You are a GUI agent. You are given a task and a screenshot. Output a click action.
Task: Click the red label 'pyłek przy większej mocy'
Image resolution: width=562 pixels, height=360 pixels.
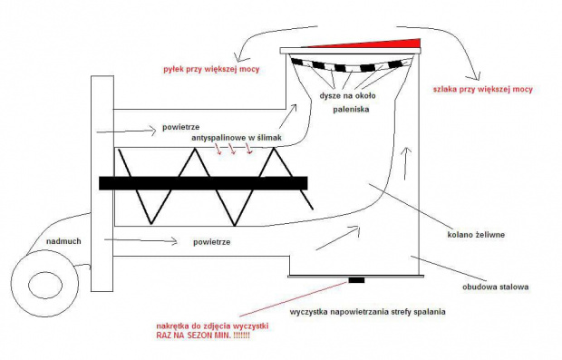[x=211, y=69]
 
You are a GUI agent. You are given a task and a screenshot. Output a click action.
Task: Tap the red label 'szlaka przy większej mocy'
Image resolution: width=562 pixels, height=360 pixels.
[x=483, y=89]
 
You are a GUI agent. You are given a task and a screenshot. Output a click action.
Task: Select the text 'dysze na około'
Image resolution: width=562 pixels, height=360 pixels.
[x=348, y=96]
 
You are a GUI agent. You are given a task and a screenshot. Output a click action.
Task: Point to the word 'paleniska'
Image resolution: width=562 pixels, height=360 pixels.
[x=351, y=110]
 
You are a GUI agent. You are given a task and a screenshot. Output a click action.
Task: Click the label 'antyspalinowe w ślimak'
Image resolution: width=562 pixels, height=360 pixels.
[x=237, y=138]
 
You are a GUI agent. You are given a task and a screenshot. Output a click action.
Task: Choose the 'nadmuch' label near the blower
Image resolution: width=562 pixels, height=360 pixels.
[x=63, y=241]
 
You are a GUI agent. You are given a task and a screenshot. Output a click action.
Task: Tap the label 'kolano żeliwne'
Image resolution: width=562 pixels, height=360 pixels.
[x=476, y=235]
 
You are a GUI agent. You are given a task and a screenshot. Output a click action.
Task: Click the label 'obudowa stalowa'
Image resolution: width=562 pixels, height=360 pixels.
[x=495, y=287]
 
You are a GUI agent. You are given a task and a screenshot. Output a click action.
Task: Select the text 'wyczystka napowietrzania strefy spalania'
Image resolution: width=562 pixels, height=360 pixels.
[x=368, y=312]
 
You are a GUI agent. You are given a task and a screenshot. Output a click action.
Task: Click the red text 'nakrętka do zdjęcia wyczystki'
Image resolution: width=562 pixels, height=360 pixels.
[x=212, y=326]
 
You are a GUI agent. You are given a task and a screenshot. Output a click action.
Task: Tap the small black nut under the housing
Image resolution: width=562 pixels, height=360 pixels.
[x=356, y=280]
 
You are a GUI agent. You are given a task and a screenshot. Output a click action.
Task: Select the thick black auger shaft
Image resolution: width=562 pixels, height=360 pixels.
[x=203, y=183]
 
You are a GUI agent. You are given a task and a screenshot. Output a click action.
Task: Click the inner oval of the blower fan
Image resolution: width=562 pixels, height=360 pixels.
[x=45, y=286]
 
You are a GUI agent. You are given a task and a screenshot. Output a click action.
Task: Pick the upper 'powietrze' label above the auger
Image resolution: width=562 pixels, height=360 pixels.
[x=181, y=127]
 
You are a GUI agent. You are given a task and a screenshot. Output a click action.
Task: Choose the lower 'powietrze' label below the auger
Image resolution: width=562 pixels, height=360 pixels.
[x=212, y=242]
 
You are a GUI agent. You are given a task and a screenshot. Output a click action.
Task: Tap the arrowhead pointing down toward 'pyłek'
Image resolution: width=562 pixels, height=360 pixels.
[x=237, y=57]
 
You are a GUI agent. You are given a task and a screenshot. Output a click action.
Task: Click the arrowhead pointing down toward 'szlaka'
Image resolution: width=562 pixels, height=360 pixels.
[x=476, y=75]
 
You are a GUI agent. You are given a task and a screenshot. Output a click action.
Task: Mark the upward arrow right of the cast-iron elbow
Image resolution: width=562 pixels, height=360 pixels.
[x=406, y=163]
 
